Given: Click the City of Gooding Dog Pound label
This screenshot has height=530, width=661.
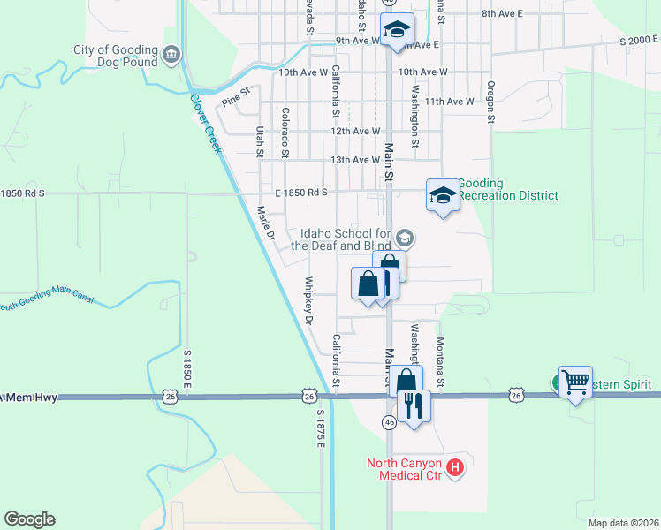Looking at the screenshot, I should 116,57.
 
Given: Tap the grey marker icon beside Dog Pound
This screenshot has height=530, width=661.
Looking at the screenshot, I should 171,56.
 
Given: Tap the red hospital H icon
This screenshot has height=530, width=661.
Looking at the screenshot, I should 455,467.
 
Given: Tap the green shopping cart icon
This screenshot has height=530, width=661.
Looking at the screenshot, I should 575,382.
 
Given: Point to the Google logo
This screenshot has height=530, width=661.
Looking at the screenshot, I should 29,519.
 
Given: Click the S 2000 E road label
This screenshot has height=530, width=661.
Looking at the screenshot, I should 639,41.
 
